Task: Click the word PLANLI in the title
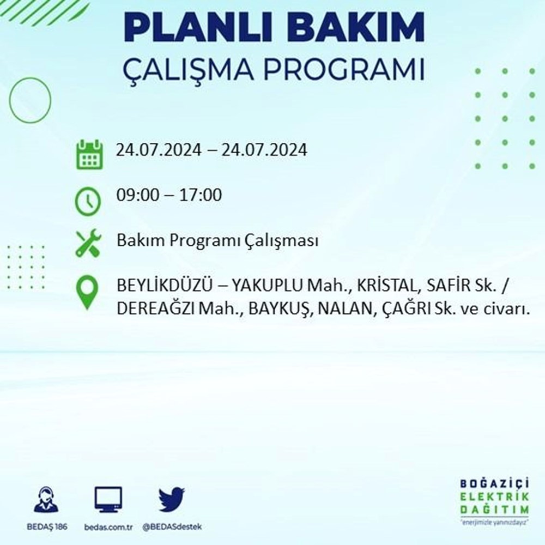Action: [199, 27]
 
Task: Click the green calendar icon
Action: [89, 155]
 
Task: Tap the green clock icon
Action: [88, 201]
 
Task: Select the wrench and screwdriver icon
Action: [88, 243]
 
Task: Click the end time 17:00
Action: [201, 195]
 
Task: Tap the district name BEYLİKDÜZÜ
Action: [165, 286]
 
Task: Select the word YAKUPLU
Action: [267, 286]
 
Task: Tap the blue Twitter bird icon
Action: [172, 499]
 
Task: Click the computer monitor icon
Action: [108, 500]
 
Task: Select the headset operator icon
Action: [46, 499]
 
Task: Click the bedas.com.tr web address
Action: [108, 527]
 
